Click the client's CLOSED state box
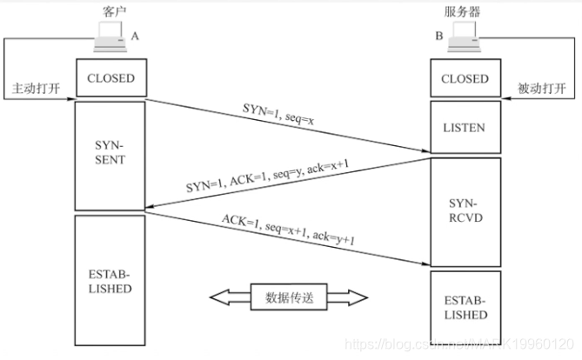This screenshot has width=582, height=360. click(110, 78)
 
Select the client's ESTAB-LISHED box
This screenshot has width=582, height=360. click(110, 278)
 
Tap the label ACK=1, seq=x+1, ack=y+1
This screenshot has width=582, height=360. click(287, 230)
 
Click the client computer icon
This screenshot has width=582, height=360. click(110, 36)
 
